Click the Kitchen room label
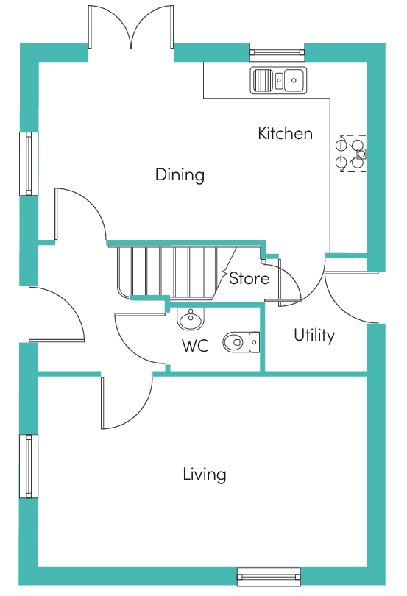286,133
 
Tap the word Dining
180,175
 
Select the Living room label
205,475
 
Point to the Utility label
314,336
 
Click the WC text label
195,346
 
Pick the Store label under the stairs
249,279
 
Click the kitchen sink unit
278,80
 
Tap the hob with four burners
352,154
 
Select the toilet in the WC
241,342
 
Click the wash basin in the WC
191,319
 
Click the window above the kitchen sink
277,52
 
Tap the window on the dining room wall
29,163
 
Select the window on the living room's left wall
29,466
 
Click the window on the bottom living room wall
269,577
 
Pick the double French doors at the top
131,27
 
